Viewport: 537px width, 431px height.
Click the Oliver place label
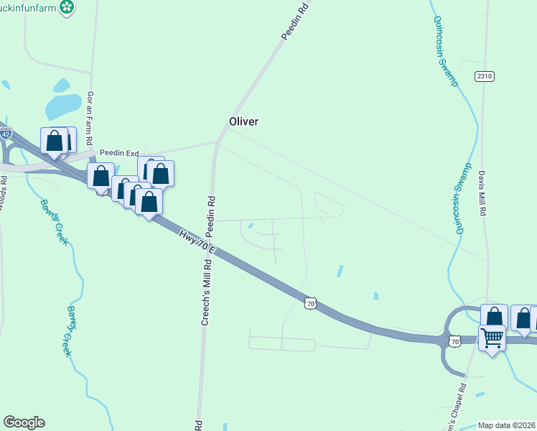[x=243, y=121]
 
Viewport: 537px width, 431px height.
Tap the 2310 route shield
[x=485, y=75]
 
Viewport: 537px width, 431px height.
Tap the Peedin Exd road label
[x=119, y=153]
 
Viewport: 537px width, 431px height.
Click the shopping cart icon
[x=492, y=336]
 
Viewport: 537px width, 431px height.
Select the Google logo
[x=24, y=422]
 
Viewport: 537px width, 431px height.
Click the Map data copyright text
[x=507, y=425]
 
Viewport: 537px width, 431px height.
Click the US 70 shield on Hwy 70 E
[x=309, y=304]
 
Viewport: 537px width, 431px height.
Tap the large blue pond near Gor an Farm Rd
[x=63, y=106]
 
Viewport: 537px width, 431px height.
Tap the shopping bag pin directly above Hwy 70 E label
[x=149, y=200]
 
